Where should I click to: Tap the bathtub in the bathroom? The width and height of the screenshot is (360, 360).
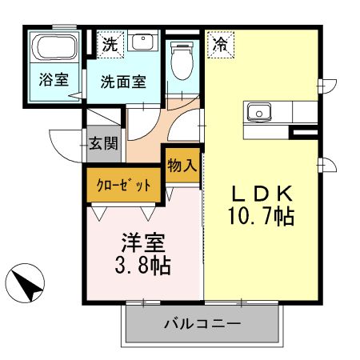click(54, 50)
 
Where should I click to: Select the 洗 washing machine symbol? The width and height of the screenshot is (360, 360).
click(109, 44)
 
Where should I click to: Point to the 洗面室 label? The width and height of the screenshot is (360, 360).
click(122, 81)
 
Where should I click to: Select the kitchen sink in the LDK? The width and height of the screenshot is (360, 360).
click(261, 113)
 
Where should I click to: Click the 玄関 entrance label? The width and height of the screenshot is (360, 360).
click(103, 144)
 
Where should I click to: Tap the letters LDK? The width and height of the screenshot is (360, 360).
click(263, 193)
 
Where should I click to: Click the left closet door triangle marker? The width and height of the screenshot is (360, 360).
click(100, 214)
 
